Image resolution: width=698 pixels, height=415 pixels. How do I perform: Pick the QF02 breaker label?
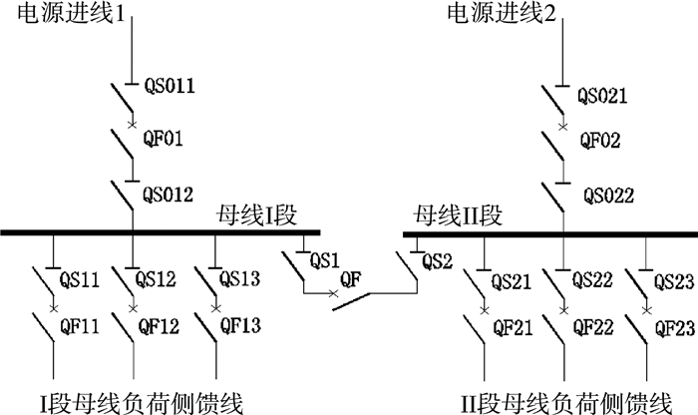click(599, 142)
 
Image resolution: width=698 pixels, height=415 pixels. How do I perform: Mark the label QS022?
click(607, 196)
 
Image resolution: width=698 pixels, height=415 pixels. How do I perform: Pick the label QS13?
click(239, 278)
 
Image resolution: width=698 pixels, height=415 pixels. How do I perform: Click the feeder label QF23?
click(674, 325)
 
